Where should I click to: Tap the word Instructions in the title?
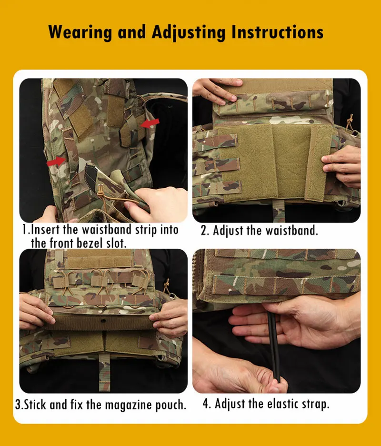[277, 31]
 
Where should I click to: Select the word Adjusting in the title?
[189, 32]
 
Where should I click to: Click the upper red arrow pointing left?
[150, 123]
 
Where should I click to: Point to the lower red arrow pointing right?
[56, 161]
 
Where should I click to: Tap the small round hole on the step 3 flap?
[103, 321]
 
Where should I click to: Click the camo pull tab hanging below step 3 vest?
[104, 372]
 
